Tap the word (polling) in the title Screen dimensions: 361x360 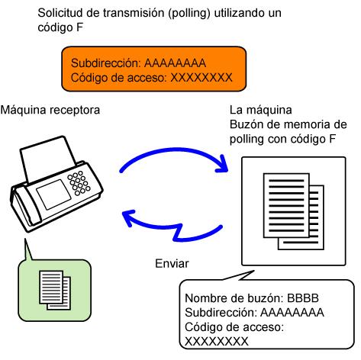189,13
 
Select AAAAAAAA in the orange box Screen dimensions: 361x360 176,63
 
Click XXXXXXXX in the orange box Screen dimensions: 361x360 201,78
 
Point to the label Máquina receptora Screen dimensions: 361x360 50,110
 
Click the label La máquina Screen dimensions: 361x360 261,110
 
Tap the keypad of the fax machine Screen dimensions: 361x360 79,183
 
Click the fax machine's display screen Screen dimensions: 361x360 53,194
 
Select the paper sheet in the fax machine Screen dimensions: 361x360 47,158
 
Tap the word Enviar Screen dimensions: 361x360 172,264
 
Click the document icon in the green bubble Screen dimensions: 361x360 55,290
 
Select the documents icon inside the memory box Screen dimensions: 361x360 294,211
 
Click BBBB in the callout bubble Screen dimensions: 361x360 303,298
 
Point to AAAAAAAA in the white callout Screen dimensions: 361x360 292,313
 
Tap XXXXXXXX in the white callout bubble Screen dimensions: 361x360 217,342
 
